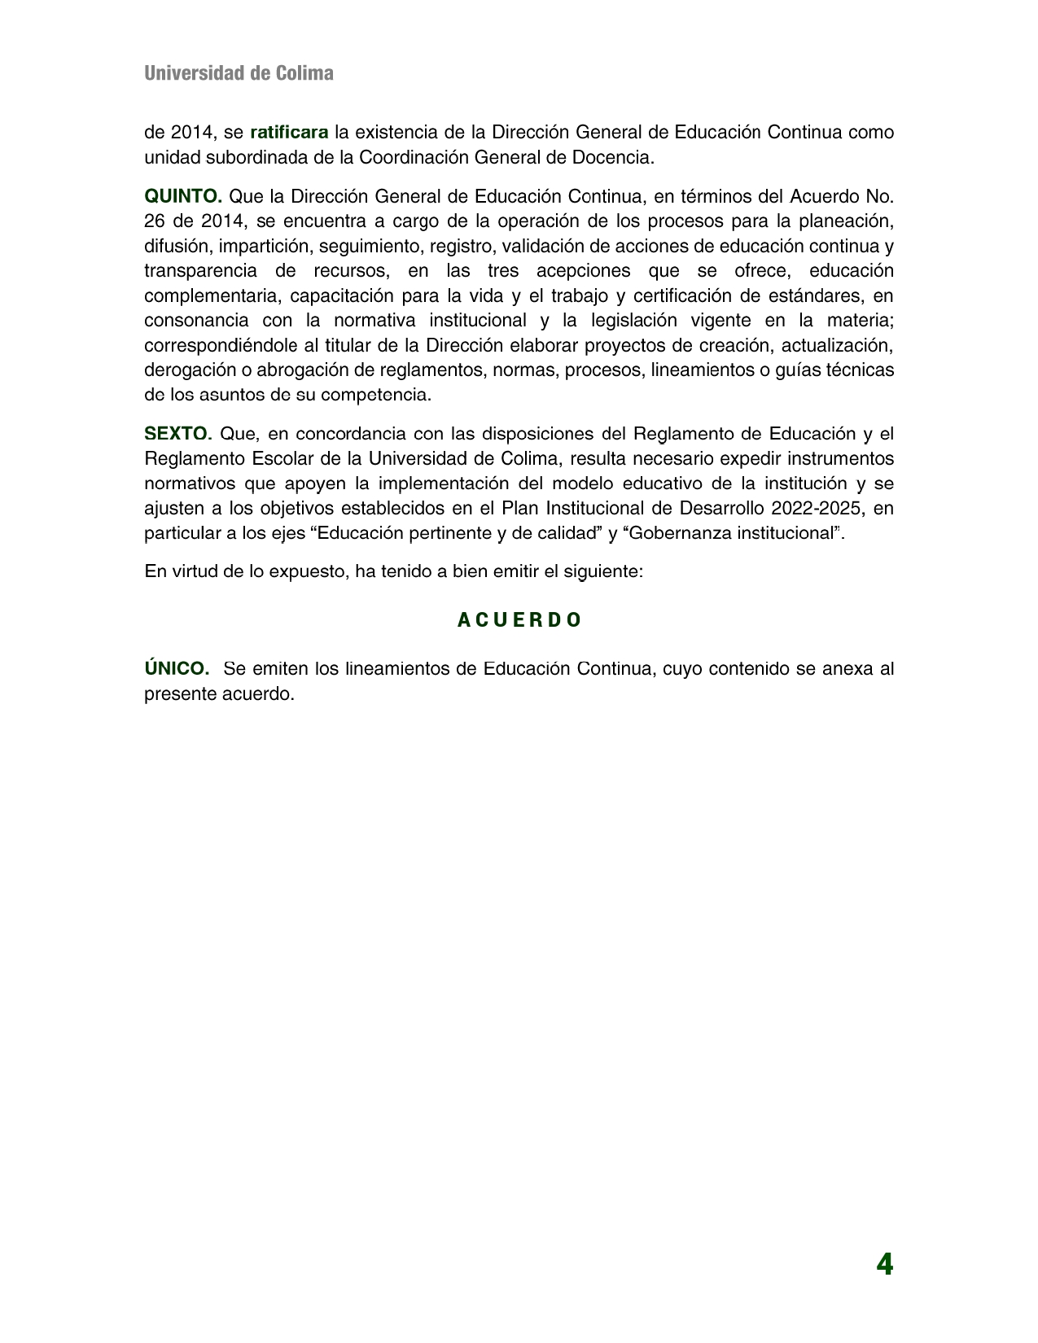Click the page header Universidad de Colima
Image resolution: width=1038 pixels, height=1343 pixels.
239,73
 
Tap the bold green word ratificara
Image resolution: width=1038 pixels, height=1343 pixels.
289,132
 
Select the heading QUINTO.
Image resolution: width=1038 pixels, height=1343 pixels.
183,196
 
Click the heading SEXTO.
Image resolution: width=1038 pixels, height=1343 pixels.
177,433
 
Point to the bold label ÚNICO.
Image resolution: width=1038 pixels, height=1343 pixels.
177,669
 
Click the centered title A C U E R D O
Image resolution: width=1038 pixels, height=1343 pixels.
519,620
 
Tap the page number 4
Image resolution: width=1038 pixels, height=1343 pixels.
884,1265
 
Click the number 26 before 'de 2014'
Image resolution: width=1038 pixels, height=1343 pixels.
154,221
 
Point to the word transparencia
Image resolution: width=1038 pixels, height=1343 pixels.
200,271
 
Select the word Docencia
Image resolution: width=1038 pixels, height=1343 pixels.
616,157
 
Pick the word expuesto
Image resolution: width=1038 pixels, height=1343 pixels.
310,571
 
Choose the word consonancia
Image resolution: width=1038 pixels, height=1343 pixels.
197,321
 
